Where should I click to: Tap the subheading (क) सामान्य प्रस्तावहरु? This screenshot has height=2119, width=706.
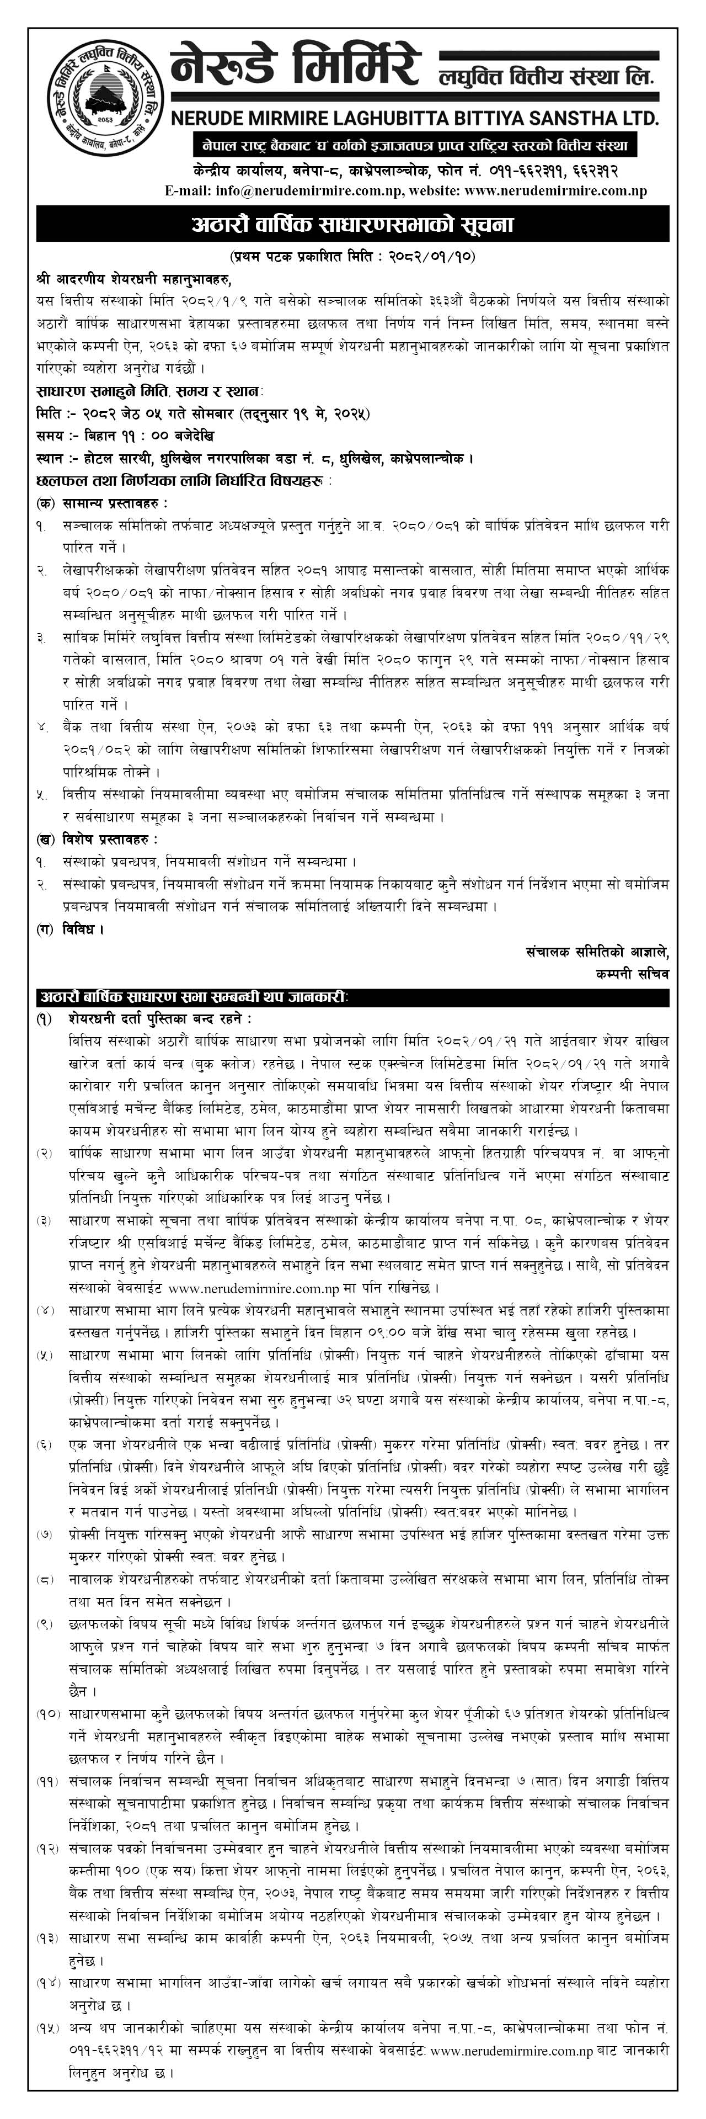coord(102,503)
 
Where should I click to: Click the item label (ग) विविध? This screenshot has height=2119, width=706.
coord(71,930)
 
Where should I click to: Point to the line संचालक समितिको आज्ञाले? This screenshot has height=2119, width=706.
coord(597,952)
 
